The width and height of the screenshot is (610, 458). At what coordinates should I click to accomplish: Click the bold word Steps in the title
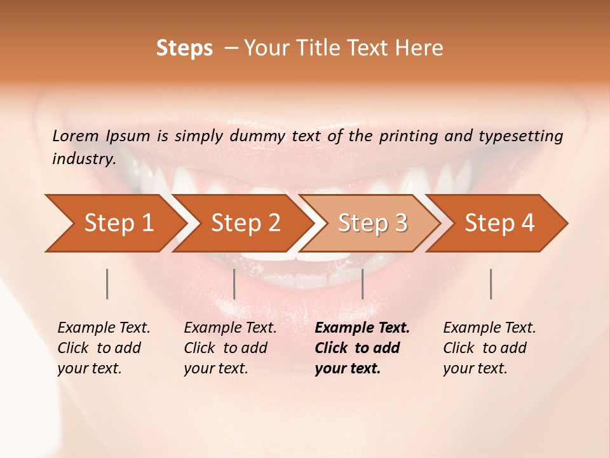tap(184, 48)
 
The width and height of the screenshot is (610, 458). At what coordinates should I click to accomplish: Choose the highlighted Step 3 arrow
tap(372, 223)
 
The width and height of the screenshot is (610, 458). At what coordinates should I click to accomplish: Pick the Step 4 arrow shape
tap(499, 223)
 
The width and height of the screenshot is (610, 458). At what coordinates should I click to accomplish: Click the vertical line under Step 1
tap(107, 284)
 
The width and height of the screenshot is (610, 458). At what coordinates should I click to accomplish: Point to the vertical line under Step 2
tap(234, 284)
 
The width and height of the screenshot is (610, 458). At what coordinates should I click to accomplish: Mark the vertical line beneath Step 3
tap(362, 284)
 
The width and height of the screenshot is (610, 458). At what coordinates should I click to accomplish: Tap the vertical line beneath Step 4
tap(491, 284)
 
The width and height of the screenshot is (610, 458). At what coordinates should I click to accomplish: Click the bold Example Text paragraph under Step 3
tap(362, 348)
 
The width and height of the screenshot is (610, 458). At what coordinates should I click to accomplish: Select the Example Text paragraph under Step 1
tap(104, 348)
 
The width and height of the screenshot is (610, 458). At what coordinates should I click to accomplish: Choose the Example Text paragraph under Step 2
tap(230, 348)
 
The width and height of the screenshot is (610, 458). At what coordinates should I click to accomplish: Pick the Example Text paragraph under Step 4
tap(489, 348)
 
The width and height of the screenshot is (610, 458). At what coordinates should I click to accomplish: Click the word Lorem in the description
tap(76, 135)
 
